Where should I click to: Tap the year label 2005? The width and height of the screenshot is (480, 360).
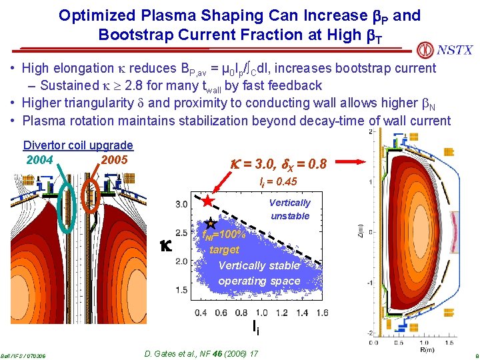point(114,160)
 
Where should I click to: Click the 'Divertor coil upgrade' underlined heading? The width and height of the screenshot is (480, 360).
point(78,145)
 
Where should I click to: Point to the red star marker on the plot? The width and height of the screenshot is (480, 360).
point(208,200)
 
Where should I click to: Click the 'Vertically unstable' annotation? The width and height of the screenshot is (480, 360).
point(290,209)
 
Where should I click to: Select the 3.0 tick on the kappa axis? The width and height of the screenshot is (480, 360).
point(181,204)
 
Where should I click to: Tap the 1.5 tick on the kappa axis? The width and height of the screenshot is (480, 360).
point(181,290)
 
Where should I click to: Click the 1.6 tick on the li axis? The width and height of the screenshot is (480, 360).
point(322,313)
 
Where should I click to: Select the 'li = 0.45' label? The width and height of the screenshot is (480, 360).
point(278,182)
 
